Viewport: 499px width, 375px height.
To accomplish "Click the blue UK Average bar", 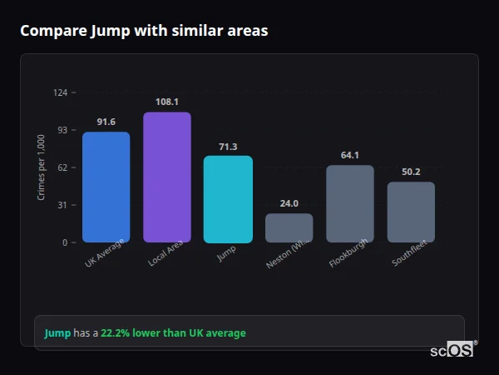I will coord(106,187).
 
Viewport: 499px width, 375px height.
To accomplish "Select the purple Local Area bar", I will coord(167,177).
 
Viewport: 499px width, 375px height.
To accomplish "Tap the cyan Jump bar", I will coord(228,199).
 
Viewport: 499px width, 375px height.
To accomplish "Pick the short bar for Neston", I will coord(289,227).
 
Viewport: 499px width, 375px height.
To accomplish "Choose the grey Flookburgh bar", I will coord(349,203).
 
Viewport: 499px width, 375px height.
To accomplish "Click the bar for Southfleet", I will coord(411,212).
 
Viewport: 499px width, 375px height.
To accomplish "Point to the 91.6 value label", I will coord(106,122).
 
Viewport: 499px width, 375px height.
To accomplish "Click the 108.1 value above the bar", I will coord(167,102).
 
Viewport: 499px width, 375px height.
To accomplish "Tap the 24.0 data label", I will coord(289,203).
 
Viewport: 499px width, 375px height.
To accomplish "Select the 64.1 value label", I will coord(349,155).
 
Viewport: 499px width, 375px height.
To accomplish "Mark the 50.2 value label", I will coord(411,172).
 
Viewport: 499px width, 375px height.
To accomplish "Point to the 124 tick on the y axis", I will coord(61,92).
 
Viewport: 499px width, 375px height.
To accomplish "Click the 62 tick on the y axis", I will coord(63,167).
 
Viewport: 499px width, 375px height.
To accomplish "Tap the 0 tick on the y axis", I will coord(66,242).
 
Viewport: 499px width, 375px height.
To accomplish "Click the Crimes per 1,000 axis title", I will coord(42,167).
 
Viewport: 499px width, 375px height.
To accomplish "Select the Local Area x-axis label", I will coord(166,256).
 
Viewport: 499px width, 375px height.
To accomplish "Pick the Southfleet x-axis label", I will coord(409,256).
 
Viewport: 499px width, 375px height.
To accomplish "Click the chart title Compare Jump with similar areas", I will coord(144,31).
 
